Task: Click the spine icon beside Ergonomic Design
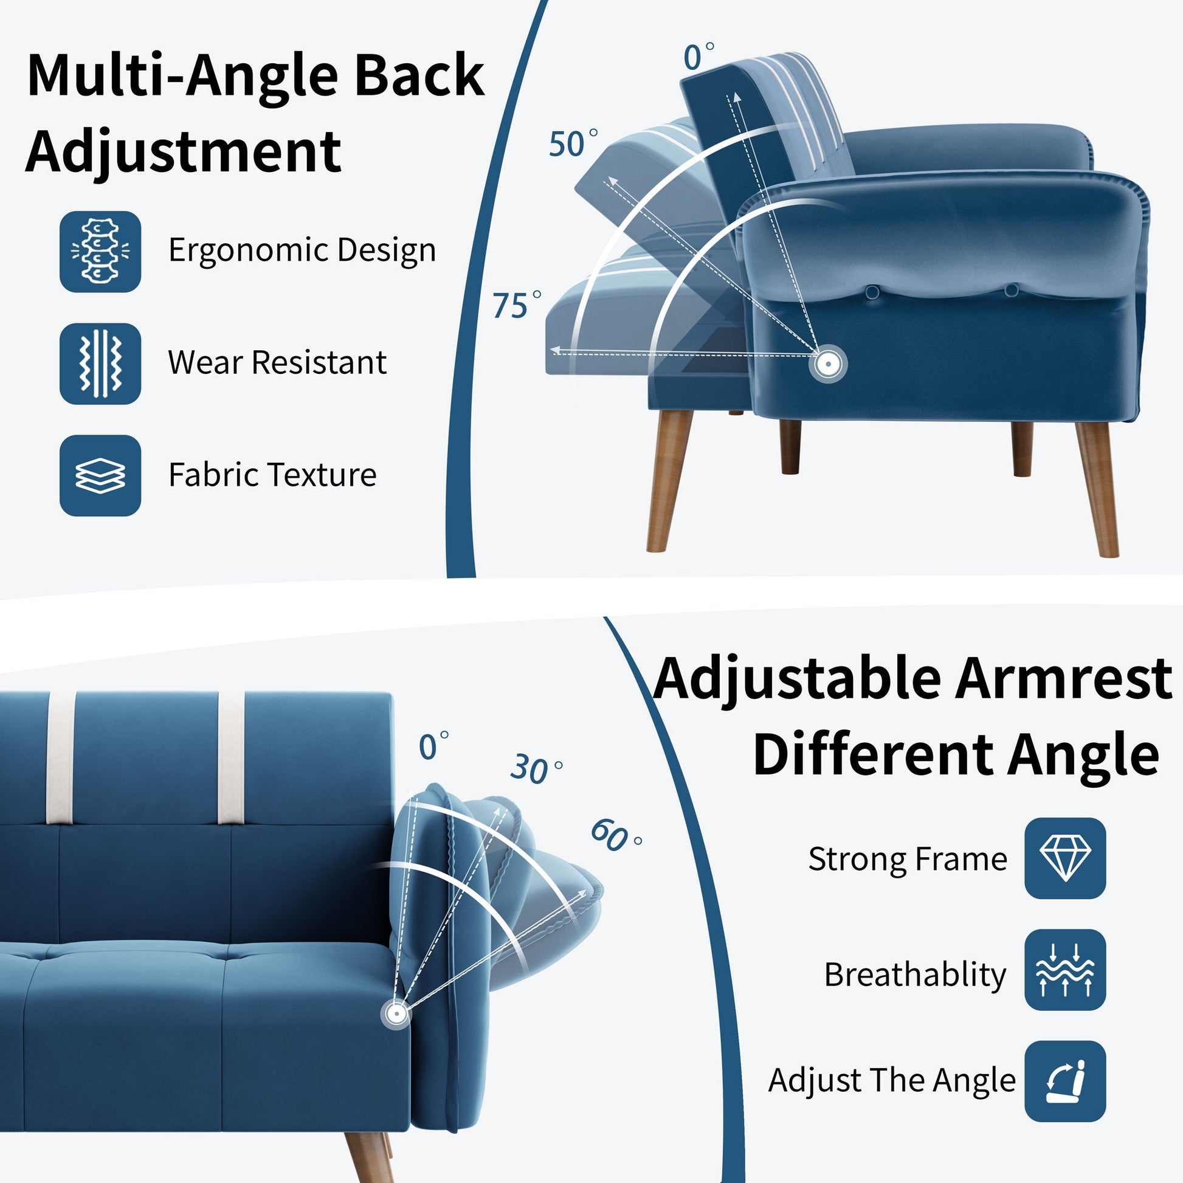click(x=100, y=252)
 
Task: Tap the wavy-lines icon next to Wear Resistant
click(x=100, y=364)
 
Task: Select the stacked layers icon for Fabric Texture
click(x=100, y=476)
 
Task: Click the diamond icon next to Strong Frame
click(x=1066, y=858)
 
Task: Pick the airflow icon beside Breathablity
click(x=1066, y=970)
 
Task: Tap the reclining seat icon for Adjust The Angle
click(x=1066, y=1081)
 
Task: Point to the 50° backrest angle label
click(x=573, y=143)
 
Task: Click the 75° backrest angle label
click(x=517, y=305)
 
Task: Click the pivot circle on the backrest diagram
click(x=828, y=364)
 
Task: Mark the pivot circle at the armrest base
click(x=397, y=1013)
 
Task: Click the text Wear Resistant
click(x=277, y=362)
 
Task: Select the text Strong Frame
click(x=908, y=858)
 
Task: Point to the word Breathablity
click(x=916, y=974)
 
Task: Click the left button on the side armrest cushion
click(x=872, y=292)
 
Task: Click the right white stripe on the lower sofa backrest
click(x=232, y=758)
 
